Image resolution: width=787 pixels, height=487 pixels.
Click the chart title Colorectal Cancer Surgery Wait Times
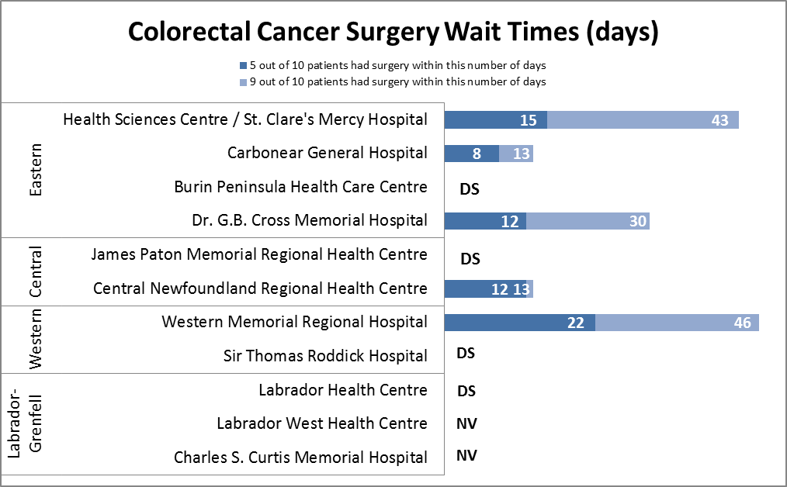(393, 32)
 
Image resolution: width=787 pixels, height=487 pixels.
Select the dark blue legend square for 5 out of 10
(243, 66)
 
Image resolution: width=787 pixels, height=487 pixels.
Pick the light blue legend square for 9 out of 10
(243, 81)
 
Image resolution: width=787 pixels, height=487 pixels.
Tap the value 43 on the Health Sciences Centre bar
(719, 120)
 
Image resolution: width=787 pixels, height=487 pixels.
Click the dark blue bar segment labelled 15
(495, 119)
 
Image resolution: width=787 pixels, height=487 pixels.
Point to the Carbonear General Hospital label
(327, 153)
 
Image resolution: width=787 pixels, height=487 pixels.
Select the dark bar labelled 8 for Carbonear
(471, 154)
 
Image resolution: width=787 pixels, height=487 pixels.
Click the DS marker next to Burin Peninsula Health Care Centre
(470, 188)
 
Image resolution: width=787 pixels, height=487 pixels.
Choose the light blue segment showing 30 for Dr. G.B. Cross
(588, 221)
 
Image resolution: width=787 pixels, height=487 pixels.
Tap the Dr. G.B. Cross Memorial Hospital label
(309, 220)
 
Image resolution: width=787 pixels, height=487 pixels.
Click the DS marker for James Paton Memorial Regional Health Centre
(470, 258)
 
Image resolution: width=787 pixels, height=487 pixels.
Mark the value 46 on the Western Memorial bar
(742, 323)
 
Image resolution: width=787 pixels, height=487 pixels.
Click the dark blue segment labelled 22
(519, 323)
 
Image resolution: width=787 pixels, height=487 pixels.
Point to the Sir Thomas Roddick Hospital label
(325, 356)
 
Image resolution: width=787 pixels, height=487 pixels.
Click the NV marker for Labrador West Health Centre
(466, 423)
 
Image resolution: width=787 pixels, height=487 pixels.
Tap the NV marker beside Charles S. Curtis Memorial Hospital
(466, 455)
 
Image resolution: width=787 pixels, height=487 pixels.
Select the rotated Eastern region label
(35, 169)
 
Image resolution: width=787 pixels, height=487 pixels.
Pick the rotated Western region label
(35, 340)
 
